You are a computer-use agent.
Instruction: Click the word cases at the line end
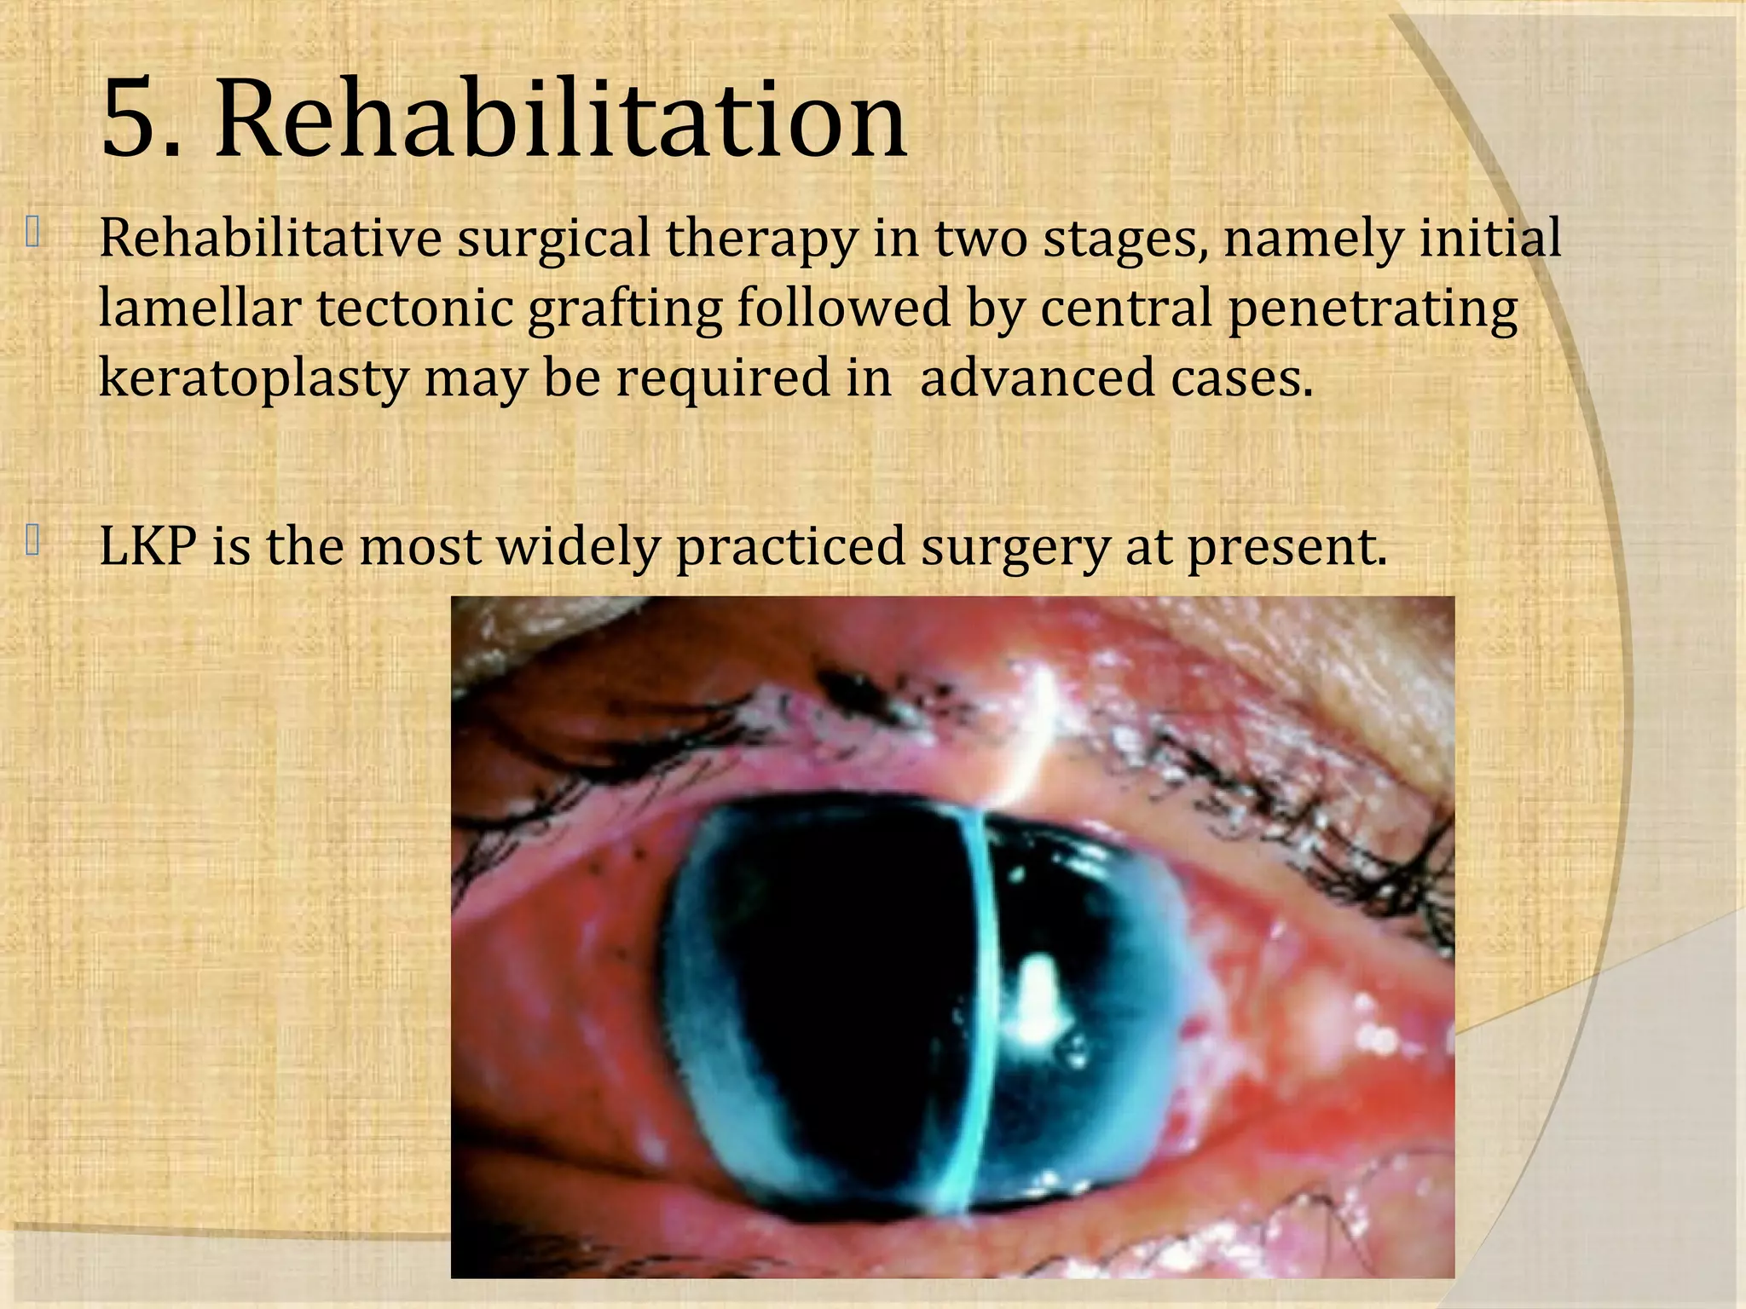point(1241,378)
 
